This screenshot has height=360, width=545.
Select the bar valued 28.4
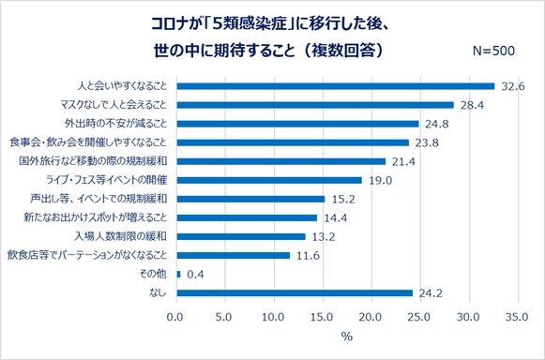[x=314, y=105]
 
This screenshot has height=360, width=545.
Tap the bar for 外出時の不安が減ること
[x=296, y=124]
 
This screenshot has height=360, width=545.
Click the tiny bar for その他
[x=176, y=274]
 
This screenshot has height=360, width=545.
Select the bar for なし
[x=294, y=292]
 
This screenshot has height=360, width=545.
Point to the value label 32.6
[x=511, y=86]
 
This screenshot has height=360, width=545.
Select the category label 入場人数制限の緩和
[x=128, y=236]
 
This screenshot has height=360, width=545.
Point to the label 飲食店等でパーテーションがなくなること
[x=87, y=255]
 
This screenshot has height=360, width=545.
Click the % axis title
[x=346, y=337]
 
